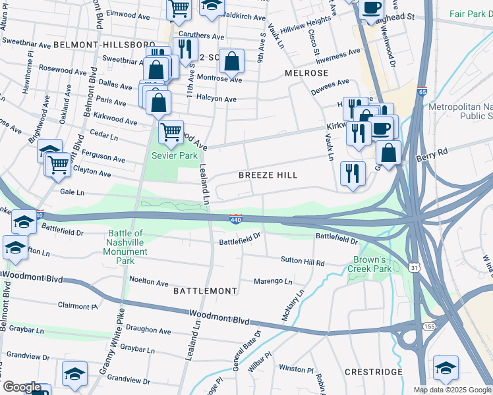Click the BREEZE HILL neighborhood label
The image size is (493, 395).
[268, 175]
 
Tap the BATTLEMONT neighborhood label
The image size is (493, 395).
[204, 290]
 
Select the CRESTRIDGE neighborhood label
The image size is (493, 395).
[374, 372]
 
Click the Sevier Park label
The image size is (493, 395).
[174, 156]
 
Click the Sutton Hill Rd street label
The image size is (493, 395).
[303, 262]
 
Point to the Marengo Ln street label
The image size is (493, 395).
[274, 281]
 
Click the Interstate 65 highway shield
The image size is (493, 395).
[421, 92]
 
